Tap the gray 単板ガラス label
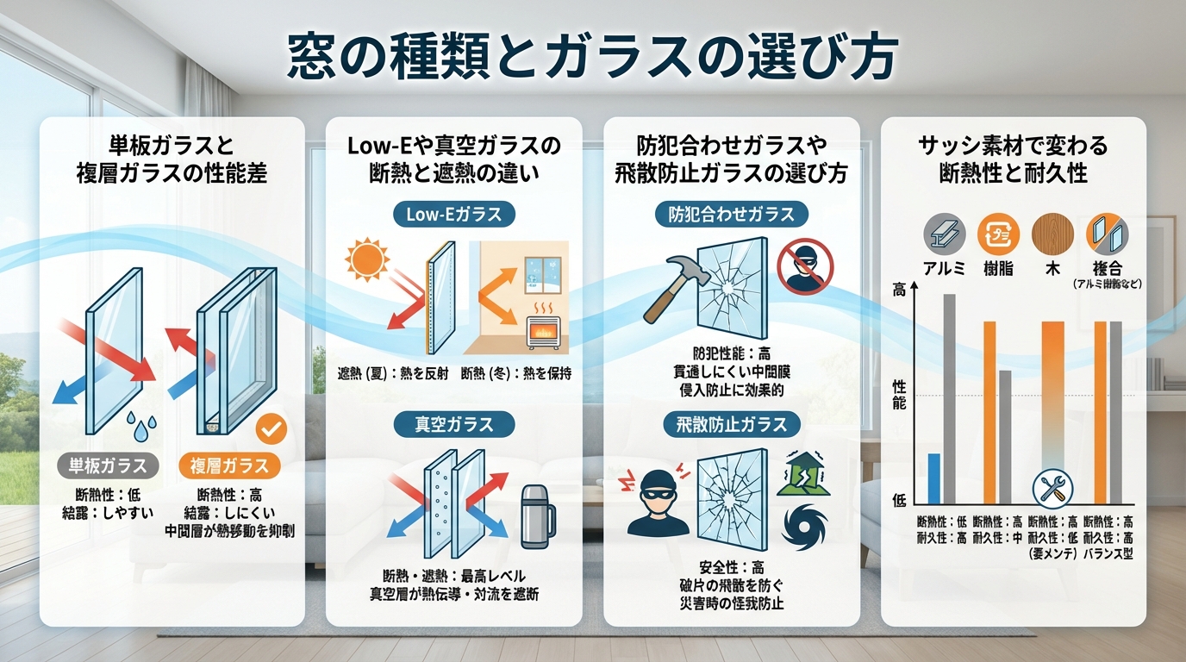coord(108,465)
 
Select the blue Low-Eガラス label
coord(453,215)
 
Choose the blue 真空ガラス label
coord(453,424)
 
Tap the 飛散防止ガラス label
coord(732,424)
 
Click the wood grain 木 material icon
coord(1053,234)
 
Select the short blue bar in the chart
coord(933,478)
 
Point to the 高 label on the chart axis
coord(899,291)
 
